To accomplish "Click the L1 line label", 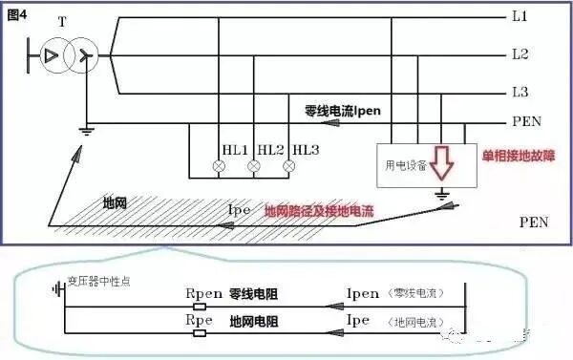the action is (520, 18).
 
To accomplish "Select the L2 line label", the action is (520, 54).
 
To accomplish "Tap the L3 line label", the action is (520, 92).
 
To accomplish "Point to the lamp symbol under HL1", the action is (220, 167).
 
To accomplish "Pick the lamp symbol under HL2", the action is (254, 167).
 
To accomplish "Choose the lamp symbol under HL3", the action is (287, 167).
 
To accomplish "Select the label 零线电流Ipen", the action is (343, 112).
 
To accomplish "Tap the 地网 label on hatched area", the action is (117, 203).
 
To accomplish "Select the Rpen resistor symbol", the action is (202, 308).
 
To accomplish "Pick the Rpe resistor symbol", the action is (202, 334).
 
